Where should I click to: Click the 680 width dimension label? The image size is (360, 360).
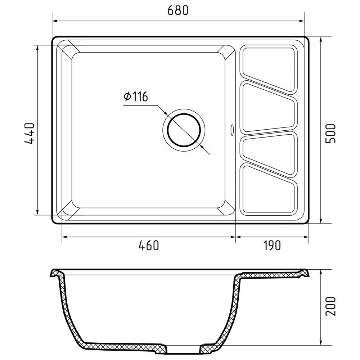coord(178,11)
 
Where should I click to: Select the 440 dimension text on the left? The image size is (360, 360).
coord(30,133)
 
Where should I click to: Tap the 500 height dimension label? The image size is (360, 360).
coord(330,133)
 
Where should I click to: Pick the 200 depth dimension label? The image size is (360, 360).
coord(330,306)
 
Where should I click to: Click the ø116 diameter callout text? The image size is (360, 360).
coord(135,97)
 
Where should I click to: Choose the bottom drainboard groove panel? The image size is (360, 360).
coord(269,191)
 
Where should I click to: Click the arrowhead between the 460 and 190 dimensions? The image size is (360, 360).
coord(236,237)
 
